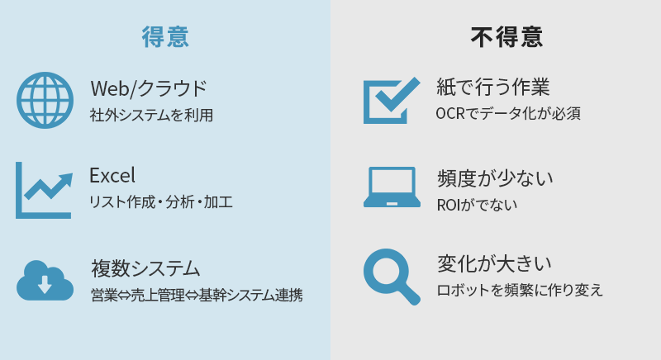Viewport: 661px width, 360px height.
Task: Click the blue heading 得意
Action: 165,36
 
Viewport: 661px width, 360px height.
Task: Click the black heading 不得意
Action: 506,37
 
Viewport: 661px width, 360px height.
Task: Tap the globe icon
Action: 45,100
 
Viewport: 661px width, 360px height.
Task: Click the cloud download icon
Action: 45,281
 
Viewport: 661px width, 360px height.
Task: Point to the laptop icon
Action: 392,187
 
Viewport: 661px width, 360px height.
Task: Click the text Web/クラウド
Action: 149,88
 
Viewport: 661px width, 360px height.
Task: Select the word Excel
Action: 112,175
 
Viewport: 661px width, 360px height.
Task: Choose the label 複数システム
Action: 145,268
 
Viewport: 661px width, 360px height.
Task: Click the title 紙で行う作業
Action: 492,88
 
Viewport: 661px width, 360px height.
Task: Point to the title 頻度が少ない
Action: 495,178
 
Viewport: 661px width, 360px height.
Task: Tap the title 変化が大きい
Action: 494,264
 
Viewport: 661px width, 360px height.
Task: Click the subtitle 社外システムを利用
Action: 151,115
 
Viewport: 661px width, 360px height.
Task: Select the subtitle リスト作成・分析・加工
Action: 160,202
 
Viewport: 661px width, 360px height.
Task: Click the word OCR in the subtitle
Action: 450,114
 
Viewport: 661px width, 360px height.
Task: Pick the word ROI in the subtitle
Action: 448,205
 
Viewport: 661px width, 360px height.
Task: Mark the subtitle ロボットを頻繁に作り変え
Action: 520,290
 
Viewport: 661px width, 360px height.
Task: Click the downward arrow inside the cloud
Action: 45,285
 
